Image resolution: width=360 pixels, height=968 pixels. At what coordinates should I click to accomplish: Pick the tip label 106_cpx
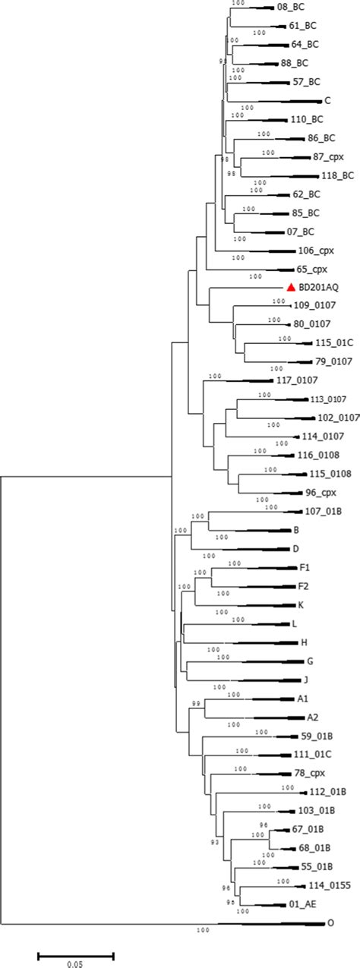[x=313, y=251]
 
